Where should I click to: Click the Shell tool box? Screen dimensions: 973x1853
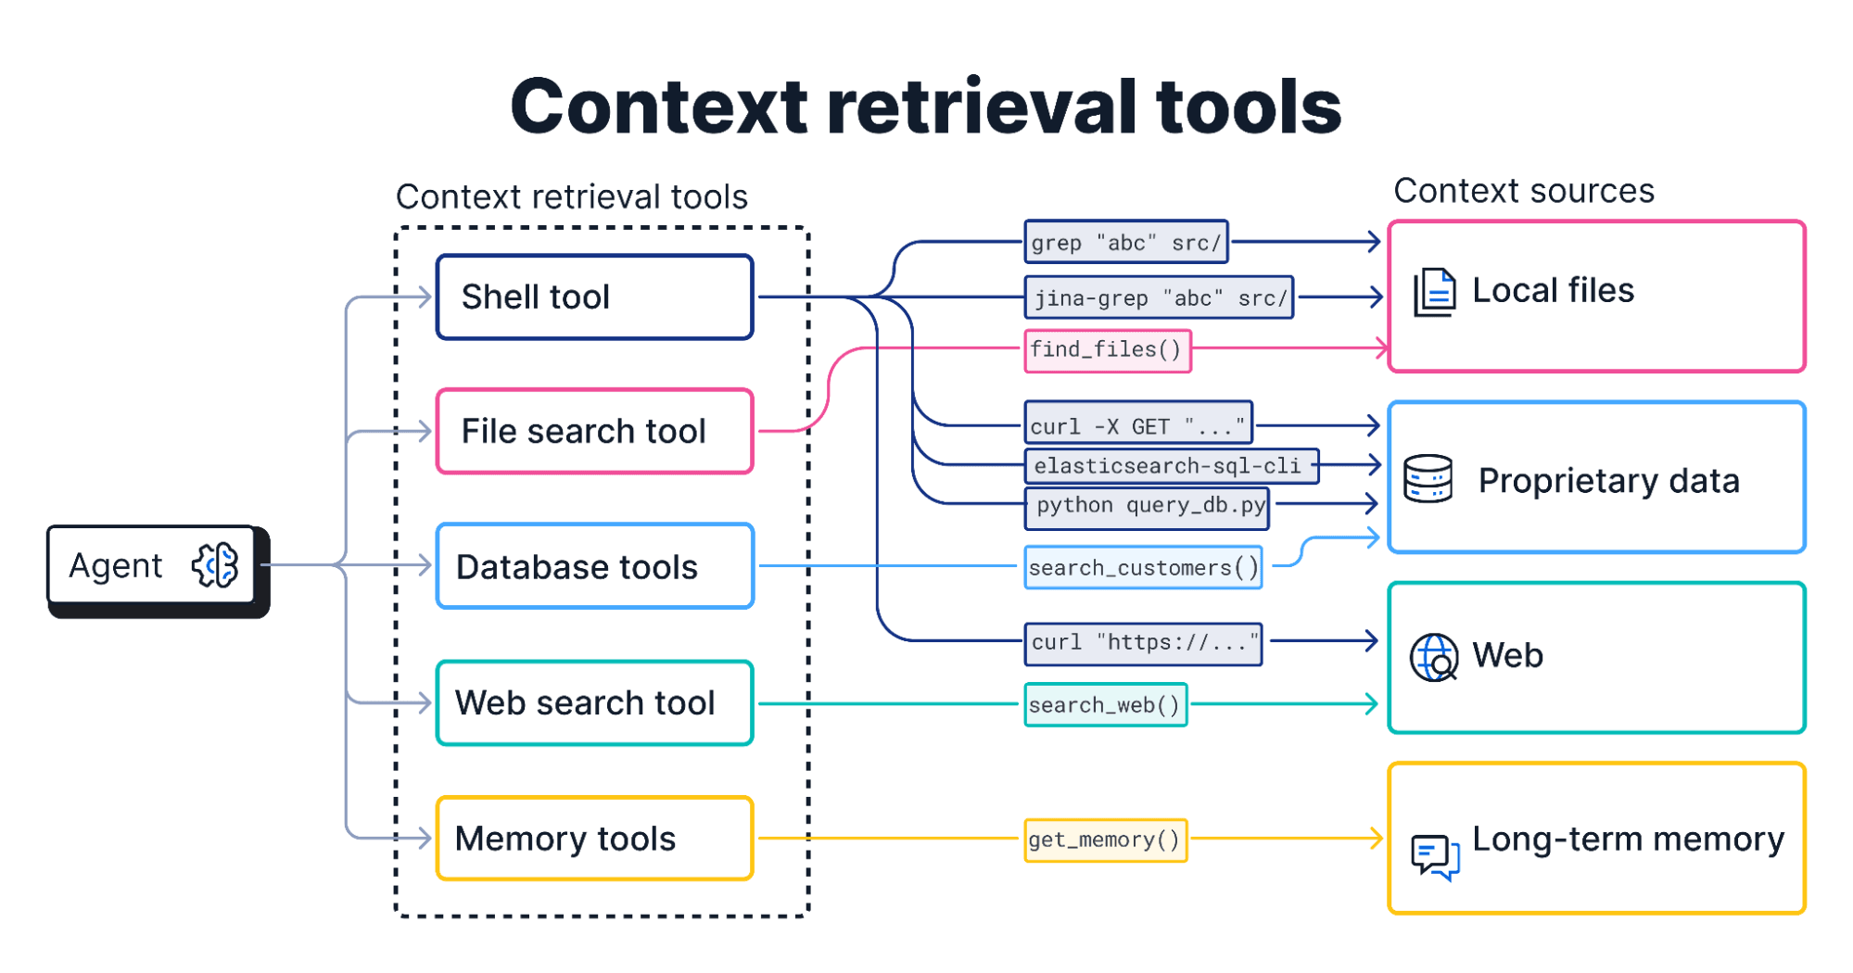point(594,297)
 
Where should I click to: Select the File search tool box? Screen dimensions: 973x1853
point(594,432)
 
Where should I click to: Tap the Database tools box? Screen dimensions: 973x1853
point(594,566)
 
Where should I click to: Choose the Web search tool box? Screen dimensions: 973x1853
point(594,702)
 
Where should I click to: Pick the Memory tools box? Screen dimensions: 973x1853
point(594,839)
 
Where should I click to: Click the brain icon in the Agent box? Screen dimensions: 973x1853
point(215,565)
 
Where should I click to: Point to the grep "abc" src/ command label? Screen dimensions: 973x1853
point(1125,243)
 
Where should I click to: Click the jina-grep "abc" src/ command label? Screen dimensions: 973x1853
point(1159,297)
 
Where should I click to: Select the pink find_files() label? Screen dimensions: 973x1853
point(1107,350)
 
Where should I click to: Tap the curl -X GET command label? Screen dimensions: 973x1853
point(1137,425)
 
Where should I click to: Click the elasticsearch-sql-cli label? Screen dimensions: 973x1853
point(1170,465)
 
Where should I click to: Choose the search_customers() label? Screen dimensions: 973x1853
point(1143,567)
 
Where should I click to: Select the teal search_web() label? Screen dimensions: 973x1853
point(1105,705)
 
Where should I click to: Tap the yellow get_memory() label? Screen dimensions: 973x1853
point(1105,840)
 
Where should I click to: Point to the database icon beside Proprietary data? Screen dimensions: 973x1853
point(1428,478)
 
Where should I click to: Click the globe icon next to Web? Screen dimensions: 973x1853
point(1434,657)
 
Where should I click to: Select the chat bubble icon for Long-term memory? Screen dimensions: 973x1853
point(1434,855)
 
